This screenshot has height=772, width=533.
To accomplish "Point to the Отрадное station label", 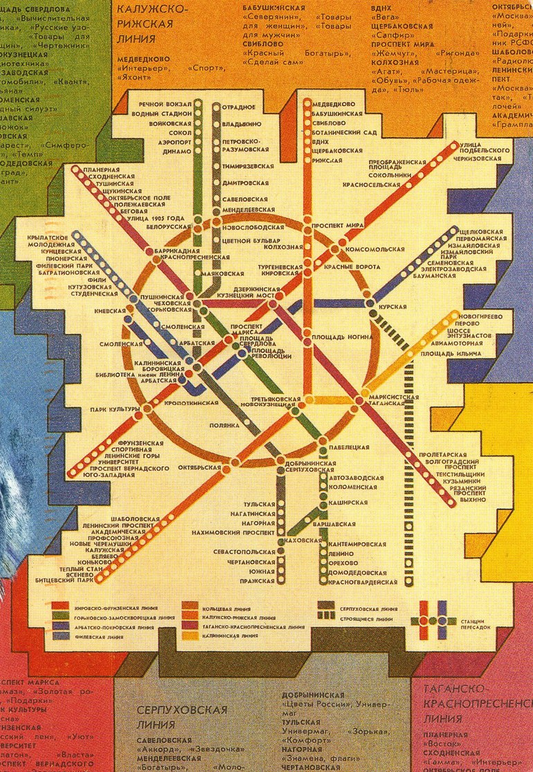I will [239, 107].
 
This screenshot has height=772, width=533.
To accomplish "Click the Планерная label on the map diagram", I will [97, 169].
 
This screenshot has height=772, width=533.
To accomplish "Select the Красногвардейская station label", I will [358, 582].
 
